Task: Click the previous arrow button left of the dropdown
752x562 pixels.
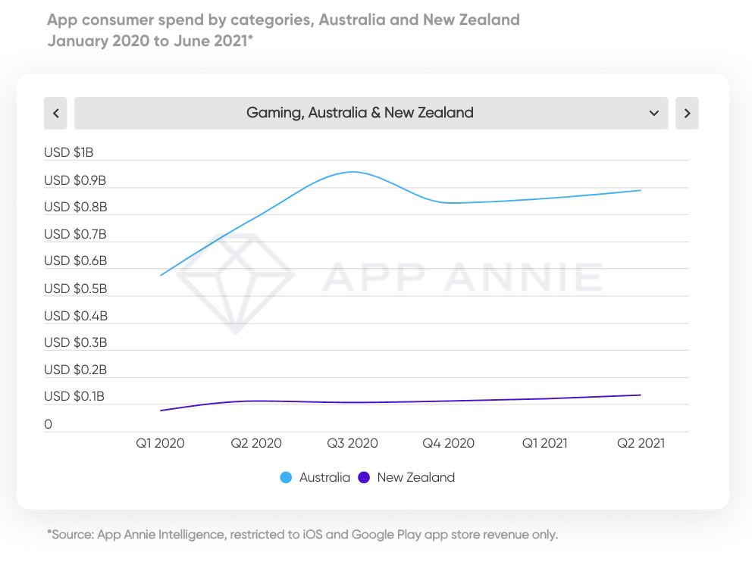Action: (x=55, y=114)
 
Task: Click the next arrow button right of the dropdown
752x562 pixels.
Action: (x=687, y=114)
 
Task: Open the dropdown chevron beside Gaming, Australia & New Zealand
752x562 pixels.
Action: (x=654, y=114)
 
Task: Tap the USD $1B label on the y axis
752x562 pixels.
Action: (x=68, y=153)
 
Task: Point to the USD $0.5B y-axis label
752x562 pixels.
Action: (x=75, y=289)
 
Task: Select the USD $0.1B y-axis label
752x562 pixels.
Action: (x=74, y=397)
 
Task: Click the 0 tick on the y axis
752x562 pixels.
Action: (x=49, y=425)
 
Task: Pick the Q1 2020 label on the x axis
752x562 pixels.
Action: (x=160, y=444)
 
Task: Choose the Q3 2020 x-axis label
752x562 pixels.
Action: (x=352, y=444)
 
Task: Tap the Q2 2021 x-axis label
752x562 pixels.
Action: (x=641, y=444)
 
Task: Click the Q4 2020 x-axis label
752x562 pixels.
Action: (x=449, y=444)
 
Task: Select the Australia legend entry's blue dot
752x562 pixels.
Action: (x=286, y=478)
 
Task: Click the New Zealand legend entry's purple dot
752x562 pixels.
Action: (x=364, y=478)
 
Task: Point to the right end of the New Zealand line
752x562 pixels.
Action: (x=641, y=395)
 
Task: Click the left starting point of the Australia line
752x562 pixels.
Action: (x=161, y=275)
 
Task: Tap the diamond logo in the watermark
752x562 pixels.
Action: (x=235, y=280)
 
